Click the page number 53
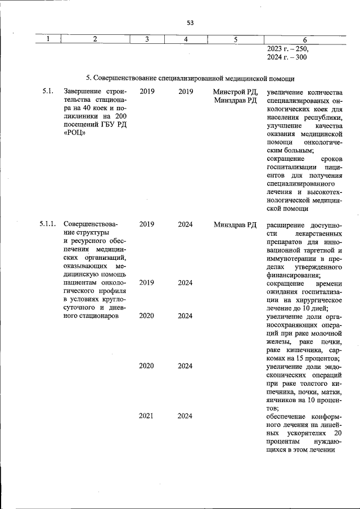coord(190,22)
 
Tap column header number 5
coord(236,39)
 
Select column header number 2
coord(95,39)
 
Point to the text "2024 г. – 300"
coord(287,57)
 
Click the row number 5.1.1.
coord(48,224)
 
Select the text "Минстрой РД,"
coord(236,91)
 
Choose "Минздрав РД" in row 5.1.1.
coord(236,224)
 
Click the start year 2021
coord(147,416)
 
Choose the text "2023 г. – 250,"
coord(288,49)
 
